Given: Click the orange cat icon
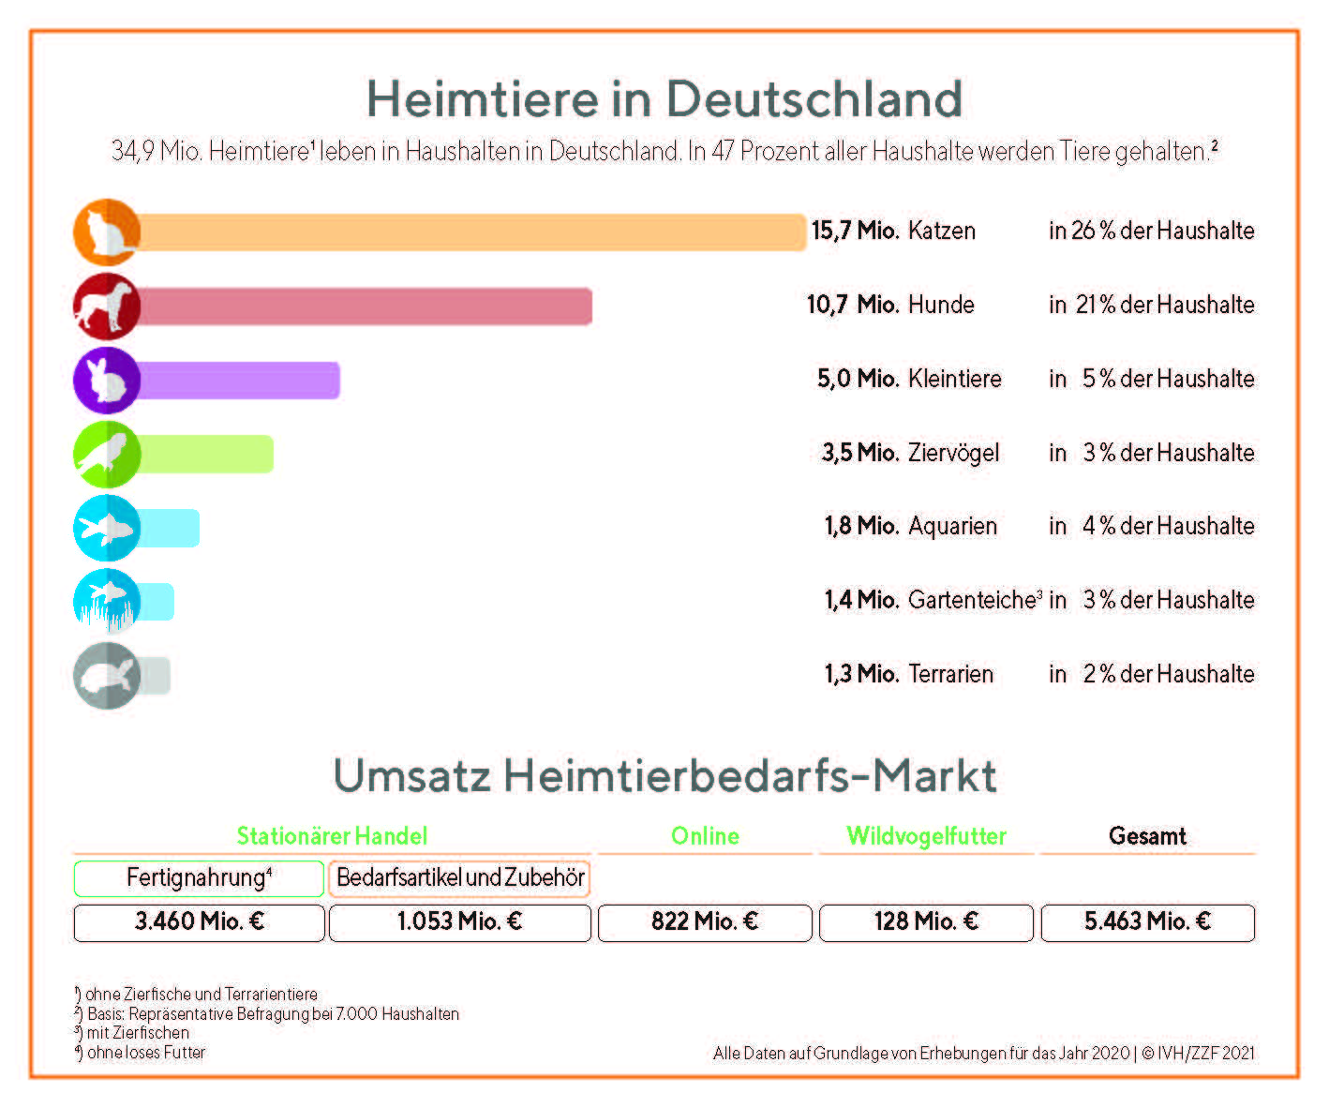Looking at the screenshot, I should coord(107,232).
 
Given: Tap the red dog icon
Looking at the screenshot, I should coord(107,306).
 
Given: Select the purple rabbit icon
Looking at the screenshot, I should coord(107,380).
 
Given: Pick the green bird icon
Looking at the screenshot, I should coord(107,454).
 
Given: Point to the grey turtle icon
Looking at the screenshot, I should coord(107,675).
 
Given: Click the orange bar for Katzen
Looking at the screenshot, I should coord(469,232).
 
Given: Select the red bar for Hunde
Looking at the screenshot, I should coord(366,307).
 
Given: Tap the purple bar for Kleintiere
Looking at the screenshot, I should coord(239,381).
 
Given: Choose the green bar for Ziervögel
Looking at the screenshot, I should coord(206,454).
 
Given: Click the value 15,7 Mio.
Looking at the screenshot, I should coord(855,231).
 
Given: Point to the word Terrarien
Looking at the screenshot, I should coord(950,674).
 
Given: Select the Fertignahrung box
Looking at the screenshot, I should coord(199,878).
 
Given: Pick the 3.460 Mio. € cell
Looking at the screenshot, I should coord(199,922).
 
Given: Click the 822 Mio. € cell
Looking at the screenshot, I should coord(705,922).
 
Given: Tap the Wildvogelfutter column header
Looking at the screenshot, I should coord(926,836).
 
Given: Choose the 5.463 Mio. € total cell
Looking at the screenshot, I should coord(1147,922).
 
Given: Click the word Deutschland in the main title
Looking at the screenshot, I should coord(814,98).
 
